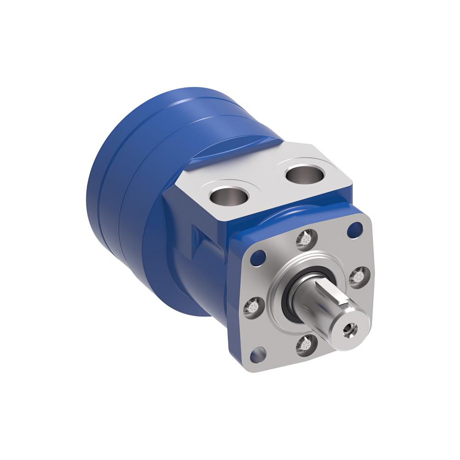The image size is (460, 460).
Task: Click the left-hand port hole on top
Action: (229, 195)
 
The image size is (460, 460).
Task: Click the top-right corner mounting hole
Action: (354, 229)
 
